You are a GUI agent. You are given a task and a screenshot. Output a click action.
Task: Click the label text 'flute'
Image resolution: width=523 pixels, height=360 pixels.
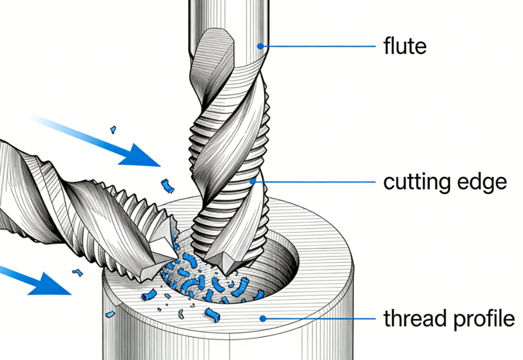[405, 46]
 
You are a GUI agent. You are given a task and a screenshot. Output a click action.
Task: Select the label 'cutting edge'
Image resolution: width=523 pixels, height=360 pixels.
[445, 182]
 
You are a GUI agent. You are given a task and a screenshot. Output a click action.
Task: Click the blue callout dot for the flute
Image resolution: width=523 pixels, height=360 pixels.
[260, 46]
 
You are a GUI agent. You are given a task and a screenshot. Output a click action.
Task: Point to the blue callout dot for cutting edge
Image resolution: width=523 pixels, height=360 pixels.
[252, 181]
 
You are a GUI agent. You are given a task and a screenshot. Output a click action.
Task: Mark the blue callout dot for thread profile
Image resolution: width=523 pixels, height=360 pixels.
[262, 318]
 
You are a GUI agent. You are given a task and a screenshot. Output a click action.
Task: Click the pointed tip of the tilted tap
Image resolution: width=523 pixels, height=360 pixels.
[174, 253]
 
